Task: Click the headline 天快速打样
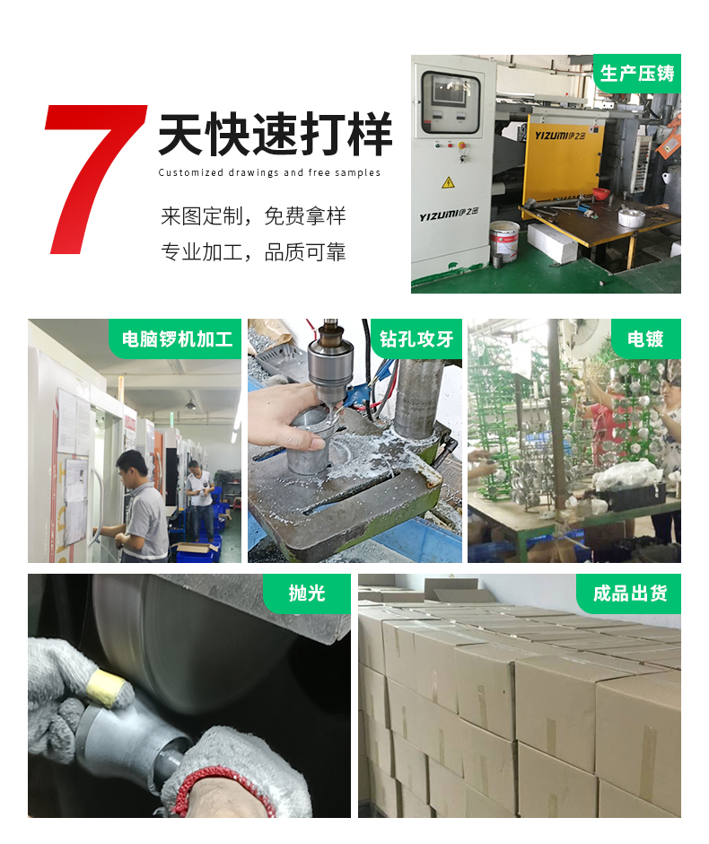click(275, 136)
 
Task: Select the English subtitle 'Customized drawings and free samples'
click(269, 172)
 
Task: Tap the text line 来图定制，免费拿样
click(253, 216)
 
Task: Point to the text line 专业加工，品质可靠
click(253, 252)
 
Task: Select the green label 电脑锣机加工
click(177, 339)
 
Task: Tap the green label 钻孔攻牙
click(416, 339)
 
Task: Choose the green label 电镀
click(644, 339)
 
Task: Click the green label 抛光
click(306, 593)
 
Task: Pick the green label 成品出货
click(629, 593)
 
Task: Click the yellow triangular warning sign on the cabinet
click(448, 182)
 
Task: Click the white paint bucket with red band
click(504, 240)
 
